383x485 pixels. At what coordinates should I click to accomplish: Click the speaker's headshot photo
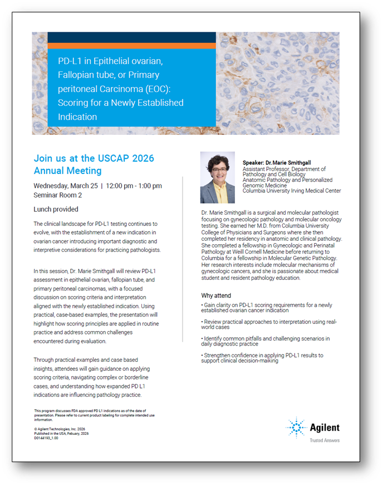click(x=218, y=177)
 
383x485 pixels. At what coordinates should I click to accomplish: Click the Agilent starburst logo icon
click(x=296, y=428)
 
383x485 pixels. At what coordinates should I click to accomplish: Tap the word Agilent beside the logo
click(x=325, y=428)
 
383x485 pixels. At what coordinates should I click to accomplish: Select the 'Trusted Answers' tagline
click(x=324, y=440)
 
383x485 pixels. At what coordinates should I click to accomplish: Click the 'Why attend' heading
click(x=216, y=295)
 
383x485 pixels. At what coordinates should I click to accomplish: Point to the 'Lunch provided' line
click(x=56, y=210)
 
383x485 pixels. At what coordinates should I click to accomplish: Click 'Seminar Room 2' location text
click(x=58, y=195)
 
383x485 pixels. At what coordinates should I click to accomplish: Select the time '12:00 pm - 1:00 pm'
click(x=134, y=186)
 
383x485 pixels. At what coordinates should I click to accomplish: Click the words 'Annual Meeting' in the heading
click(x=67, y=171)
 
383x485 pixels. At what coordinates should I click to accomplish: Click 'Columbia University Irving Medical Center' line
click(x=292, y=191)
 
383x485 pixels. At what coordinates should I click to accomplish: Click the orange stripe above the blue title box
click(x=131, y=46)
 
